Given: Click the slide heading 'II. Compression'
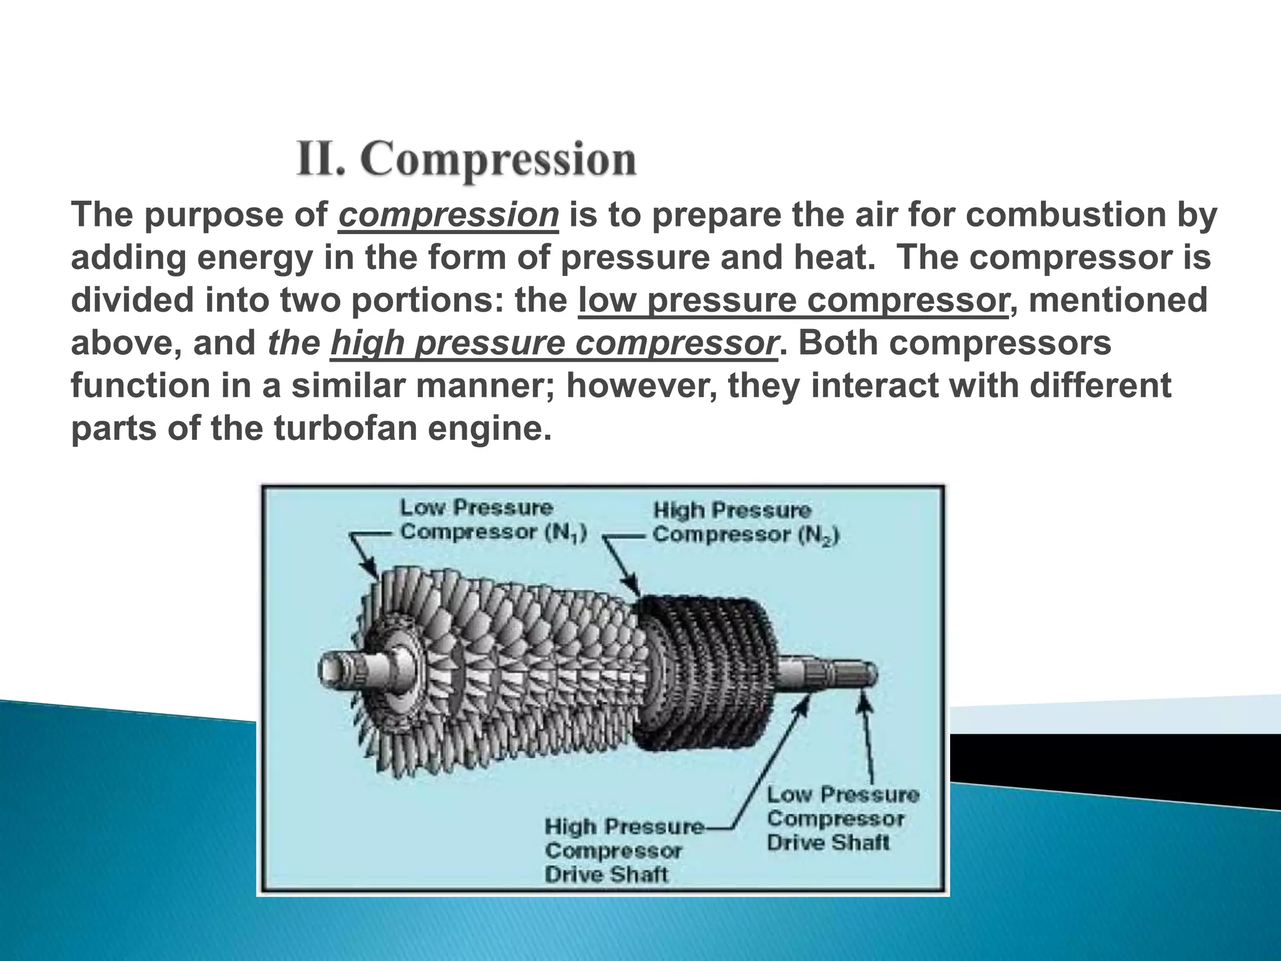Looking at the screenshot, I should (x=467, y=160).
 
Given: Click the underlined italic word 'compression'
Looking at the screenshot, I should (x=448, y=215).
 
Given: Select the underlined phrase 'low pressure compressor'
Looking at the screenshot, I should (x=793, y=300).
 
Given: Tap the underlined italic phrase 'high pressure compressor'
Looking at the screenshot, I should (x=554, y=343).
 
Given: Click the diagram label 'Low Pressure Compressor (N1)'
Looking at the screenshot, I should (x=493, y=519).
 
